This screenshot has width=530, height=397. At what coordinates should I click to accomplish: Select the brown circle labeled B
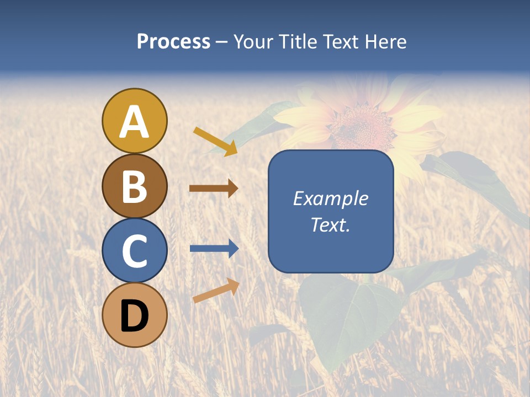[134, 186]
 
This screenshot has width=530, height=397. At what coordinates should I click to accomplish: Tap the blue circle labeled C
[134, 250]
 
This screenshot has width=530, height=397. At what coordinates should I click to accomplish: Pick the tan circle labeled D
[134, 315]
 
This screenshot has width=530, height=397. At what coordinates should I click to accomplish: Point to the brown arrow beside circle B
[214, 189]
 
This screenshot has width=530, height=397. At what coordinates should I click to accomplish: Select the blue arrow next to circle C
[214, 249]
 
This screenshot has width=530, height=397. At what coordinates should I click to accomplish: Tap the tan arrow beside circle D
[216, 290]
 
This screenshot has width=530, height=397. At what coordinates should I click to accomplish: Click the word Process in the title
[173, 42]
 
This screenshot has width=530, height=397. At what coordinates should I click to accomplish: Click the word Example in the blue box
[330, 198]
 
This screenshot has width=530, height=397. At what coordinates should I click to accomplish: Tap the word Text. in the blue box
[330, 224]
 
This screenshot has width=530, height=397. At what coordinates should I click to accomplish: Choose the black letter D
[134, 316]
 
